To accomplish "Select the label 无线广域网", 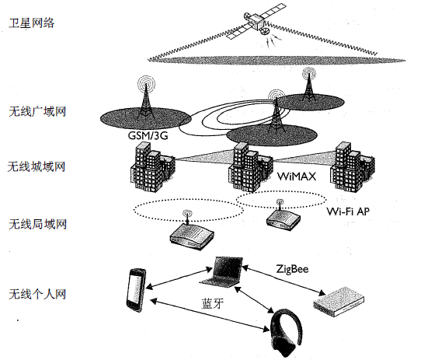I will pyautogui.click(x=37, y=111).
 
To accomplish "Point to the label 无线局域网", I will pyautogui.click(x=37, y=224).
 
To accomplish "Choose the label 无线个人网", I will pyautogui.click(x=37, y=294).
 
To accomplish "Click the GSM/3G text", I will pyautogui.click(x=148, y=136).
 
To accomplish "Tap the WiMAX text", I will pyautogui.click(x=297, y=177).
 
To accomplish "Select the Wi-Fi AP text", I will pyautogui.click(x=347, y=210).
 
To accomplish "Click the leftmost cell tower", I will pyautogui.click(x=144, y=99).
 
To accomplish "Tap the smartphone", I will pyautogui.click(x=135, y=289).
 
